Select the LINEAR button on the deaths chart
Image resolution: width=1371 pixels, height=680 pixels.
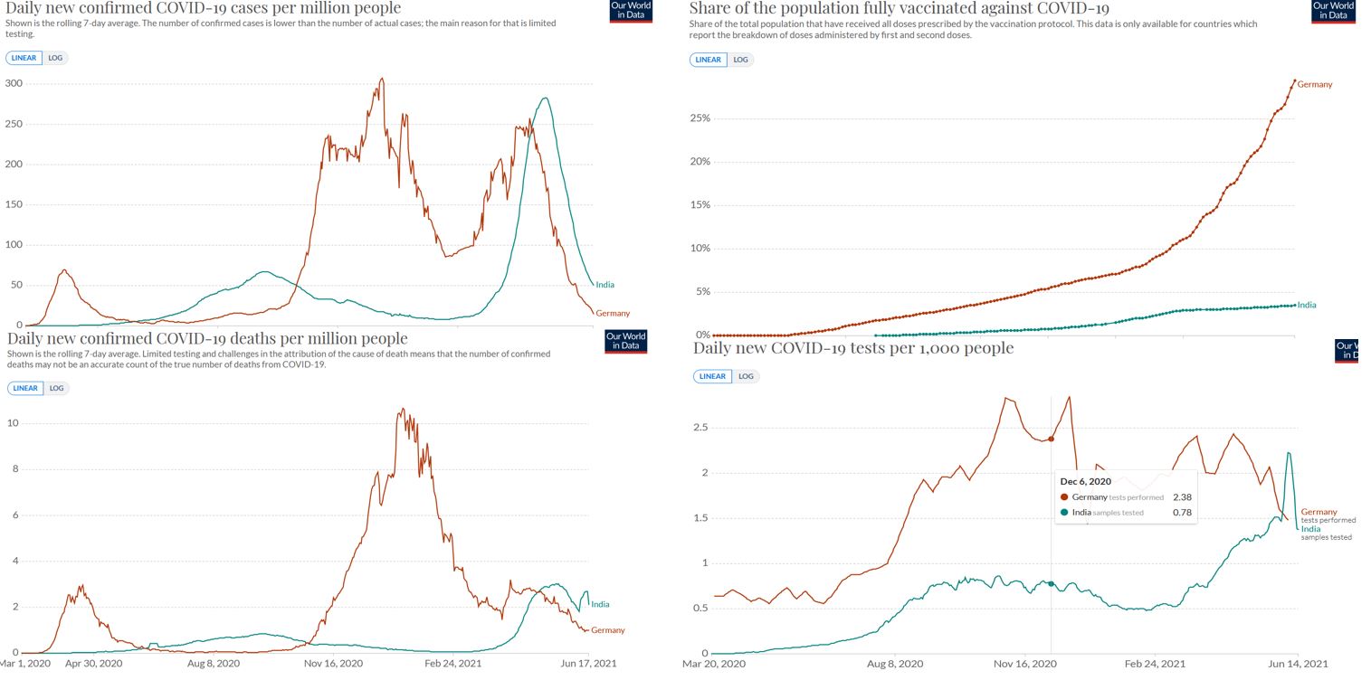point(24,388)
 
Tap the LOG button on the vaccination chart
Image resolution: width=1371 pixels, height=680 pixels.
point(741,60)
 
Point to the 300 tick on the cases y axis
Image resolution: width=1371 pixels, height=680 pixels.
point(13,83)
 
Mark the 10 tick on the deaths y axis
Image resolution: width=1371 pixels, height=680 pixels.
point(14,423)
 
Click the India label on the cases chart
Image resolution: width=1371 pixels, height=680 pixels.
point(605,285)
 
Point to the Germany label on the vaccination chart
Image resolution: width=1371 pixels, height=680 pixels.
point(1315,84)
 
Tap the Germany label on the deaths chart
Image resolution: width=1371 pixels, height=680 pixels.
point(607,630)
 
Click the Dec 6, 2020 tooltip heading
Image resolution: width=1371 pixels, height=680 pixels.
point(1086,481)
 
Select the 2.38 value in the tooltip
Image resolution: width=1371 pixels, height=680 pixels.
point(1182,497)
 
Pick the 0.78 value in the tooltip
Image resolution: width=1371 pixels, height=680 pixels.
point(1182,513)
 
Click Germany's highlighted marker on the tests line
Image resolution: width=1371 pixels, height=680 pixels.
point(1051,439)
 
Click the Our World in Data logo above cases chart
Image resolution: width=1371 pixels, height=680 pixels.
point(631,11)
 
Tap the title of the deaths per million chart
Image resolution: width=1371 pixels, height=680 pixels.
point(206,339)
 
